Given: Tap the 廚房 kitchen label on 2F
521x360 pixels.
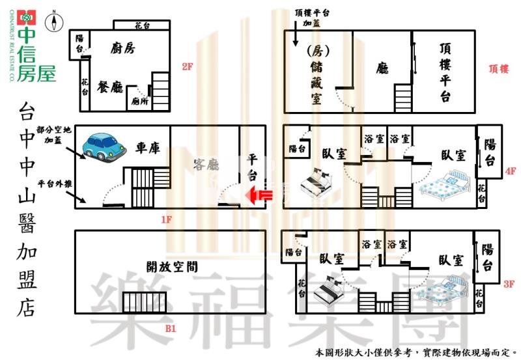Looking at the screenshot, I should pyautogui.click(x=122, y=48).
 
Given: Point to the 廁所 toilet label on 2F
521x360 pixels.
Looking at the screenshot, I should pyautogui.click(x=139, y=101).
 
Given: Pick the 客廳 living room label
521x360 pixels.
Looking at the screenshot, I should pyautogui.click(x=206, y=164).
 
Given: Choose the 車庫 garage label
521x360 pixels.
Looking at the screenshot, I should pyautogui.click(x=148, y=148).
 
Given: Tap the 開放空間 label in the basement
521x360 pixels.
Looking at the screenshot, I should pyautogui.click(x=172, y=266).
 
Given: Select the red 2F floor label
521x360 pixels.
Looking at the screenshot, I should pyautogui.click(x=188, y=66).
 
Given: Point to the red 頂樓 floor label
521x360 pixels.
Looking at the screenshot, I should pyautogui.click(x=498, y=68).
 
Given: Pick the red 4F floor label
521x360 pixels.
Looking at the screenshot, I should pyautogui.click(x=510, y=172).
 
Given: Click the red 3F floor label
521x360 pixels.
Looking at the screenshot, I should pyautogui.click(x=509, y=284).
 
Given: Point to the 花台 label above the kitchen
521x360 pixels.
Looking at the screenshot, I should pyautogui.click(x=143, y=25).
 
